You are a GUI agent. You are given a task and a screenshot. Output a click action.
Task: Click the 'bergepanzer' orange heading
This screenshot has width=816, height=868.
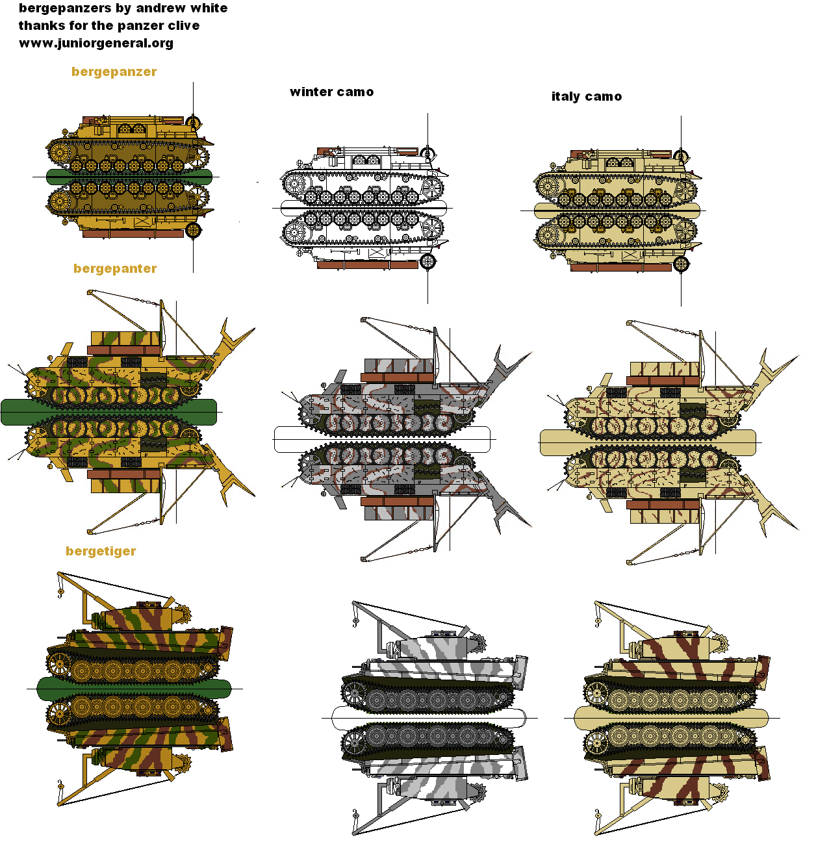(x=114, y=72)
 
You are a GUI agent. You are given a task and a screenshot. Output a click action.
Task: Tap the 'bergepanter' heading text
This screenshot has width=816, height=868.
(x=115, y=269)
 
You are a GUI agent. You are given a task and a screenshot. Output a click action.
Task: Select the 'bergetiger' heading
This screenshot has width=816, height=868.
(x=101, y=552)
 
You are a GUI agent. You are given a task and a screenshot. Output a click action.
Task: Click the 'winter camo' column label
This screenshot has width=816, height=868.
(x=331, y=92)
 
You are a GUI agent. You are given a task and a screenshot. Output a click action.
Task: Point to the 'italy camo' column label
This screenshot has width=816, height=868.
(x=586, y=97)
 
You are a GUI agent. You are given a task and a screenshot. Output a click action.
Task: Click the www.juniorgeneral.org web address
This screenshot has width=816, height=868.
(x=96, y=44)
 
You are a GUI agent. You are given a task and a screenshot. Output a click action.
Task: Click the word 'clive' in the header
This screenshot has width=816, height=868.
(x=183, y=26)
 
